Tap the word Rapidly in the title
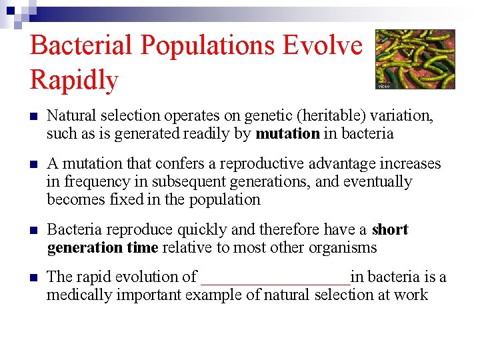pyautogui.click(x=74, y=80)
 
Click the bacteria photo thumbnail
pyautogui.click(x=415, y=59)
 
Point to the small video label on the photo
pyautogui.click(x=383, y=86)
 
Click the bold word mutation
pyautogui.click(x=287, y=133)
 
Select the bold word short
pyautogui.click(x=390, y=229)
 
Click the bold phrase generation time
pyautogui.click(x=103, y=248)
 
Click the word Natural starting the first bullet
pyautogui.click(x=71, y=116)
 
